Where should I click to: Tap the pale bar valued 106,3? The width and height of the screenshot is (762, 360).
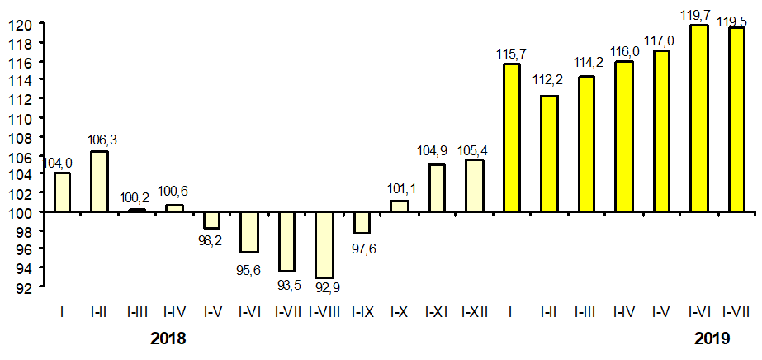point(99,181)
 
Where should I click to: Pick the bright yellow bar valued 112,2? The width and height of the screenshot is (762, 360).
point(549,154)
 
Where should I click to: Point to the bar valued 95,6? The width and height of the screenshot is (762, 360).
point(249,232)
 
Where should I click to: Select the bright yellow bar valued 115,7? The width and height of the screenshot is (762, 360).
point(512,137)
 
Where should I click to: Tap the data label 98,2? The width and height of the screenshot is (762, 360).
point(211,241)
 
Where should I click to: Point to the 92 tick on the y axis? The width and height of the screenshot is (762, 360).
point(24,287)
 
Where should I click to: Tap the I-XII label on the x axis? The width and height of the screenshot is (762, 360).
point(474,312)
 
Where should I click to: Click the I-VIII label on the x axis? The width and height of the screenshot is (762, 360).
point(324,312)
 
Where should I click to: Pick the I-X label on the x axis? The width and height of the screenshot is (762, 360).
point(399,312)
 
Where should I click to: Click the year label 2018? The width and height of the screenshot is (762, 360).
point(168,339)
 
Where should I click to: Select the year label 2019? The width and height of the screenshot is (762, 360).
point(712,339)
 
